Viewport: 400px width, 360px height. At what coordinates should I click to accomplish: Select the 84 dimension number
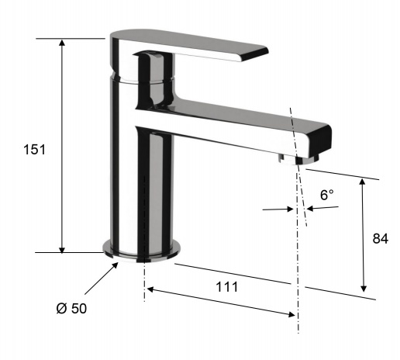tap(380, 239)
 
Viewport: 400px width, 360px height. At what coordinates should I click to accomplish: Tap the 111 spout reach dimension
tap(226, 286)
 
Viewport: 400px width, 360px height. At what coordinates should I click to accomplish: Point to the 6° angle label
tap(327, 196)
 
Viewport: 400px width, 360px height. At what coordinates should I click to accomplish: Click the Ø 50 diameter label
tap(71, 307)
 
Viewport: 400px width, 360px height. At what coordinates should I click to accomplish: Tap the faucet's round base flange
tap(143, 250)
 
